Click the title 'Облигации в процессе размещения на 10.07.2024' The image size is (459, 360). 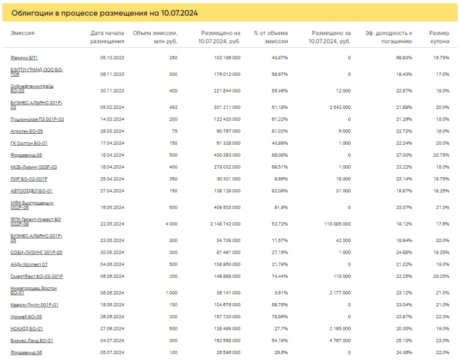tap(104, 12)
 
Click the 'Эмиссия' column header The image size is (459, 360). tap(22, 33)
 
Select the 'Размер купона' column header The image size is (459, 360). tap(438, 37)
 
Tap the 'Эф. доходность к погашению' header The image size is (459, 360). tap(389, 37)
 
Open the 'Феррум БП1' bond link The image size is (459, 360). tap(24, 57)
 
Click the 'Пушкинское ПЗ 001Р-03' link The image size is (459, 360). tap(37, 119)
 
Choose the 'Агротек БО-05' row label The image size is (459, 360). tap(27, 131)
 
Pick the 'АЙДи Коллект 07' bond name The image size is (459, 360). tap(29, 264)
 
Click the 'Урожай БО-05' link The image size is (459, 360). tap(26, 316)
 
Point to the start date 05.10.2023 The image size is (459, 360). tap(111, 57)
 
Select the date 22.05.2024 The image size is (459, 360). tap(111, 223)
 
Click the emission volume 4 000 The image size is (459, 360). tap(171, 223)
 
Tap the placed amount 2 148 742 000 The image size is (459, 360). tap(222, 223)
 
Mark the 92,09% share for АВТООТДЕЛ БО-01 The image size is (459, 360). tap(279, 190)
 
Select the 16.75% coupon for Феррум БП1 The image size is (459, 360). tap(441, 57)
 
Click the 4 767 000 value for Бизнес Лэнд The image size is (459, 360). tap(338, 341)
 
